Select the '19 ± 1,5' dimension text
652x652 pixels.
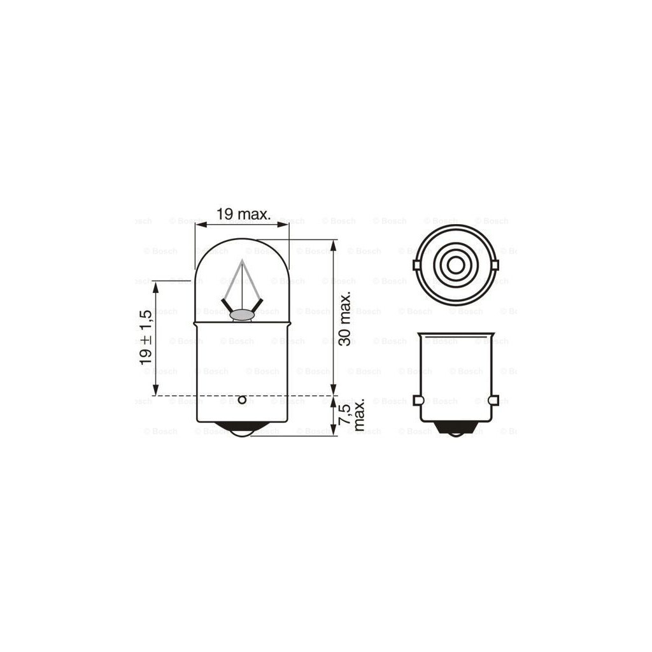tap(146, 337)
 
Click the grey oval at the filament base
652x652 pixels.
tap(241, 314)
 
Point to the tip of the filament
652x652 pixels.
tap(242, 260)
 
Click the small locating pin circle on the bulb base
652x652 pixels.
tap(241, 400)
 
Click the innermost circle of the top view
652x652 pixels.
tap(455, 265)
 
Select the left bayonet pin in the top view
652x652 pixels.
tap(416, 265)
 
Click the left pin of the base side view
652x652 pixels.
tap(417, 400)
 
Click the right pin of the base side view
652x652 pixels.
tap(493, 400)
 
